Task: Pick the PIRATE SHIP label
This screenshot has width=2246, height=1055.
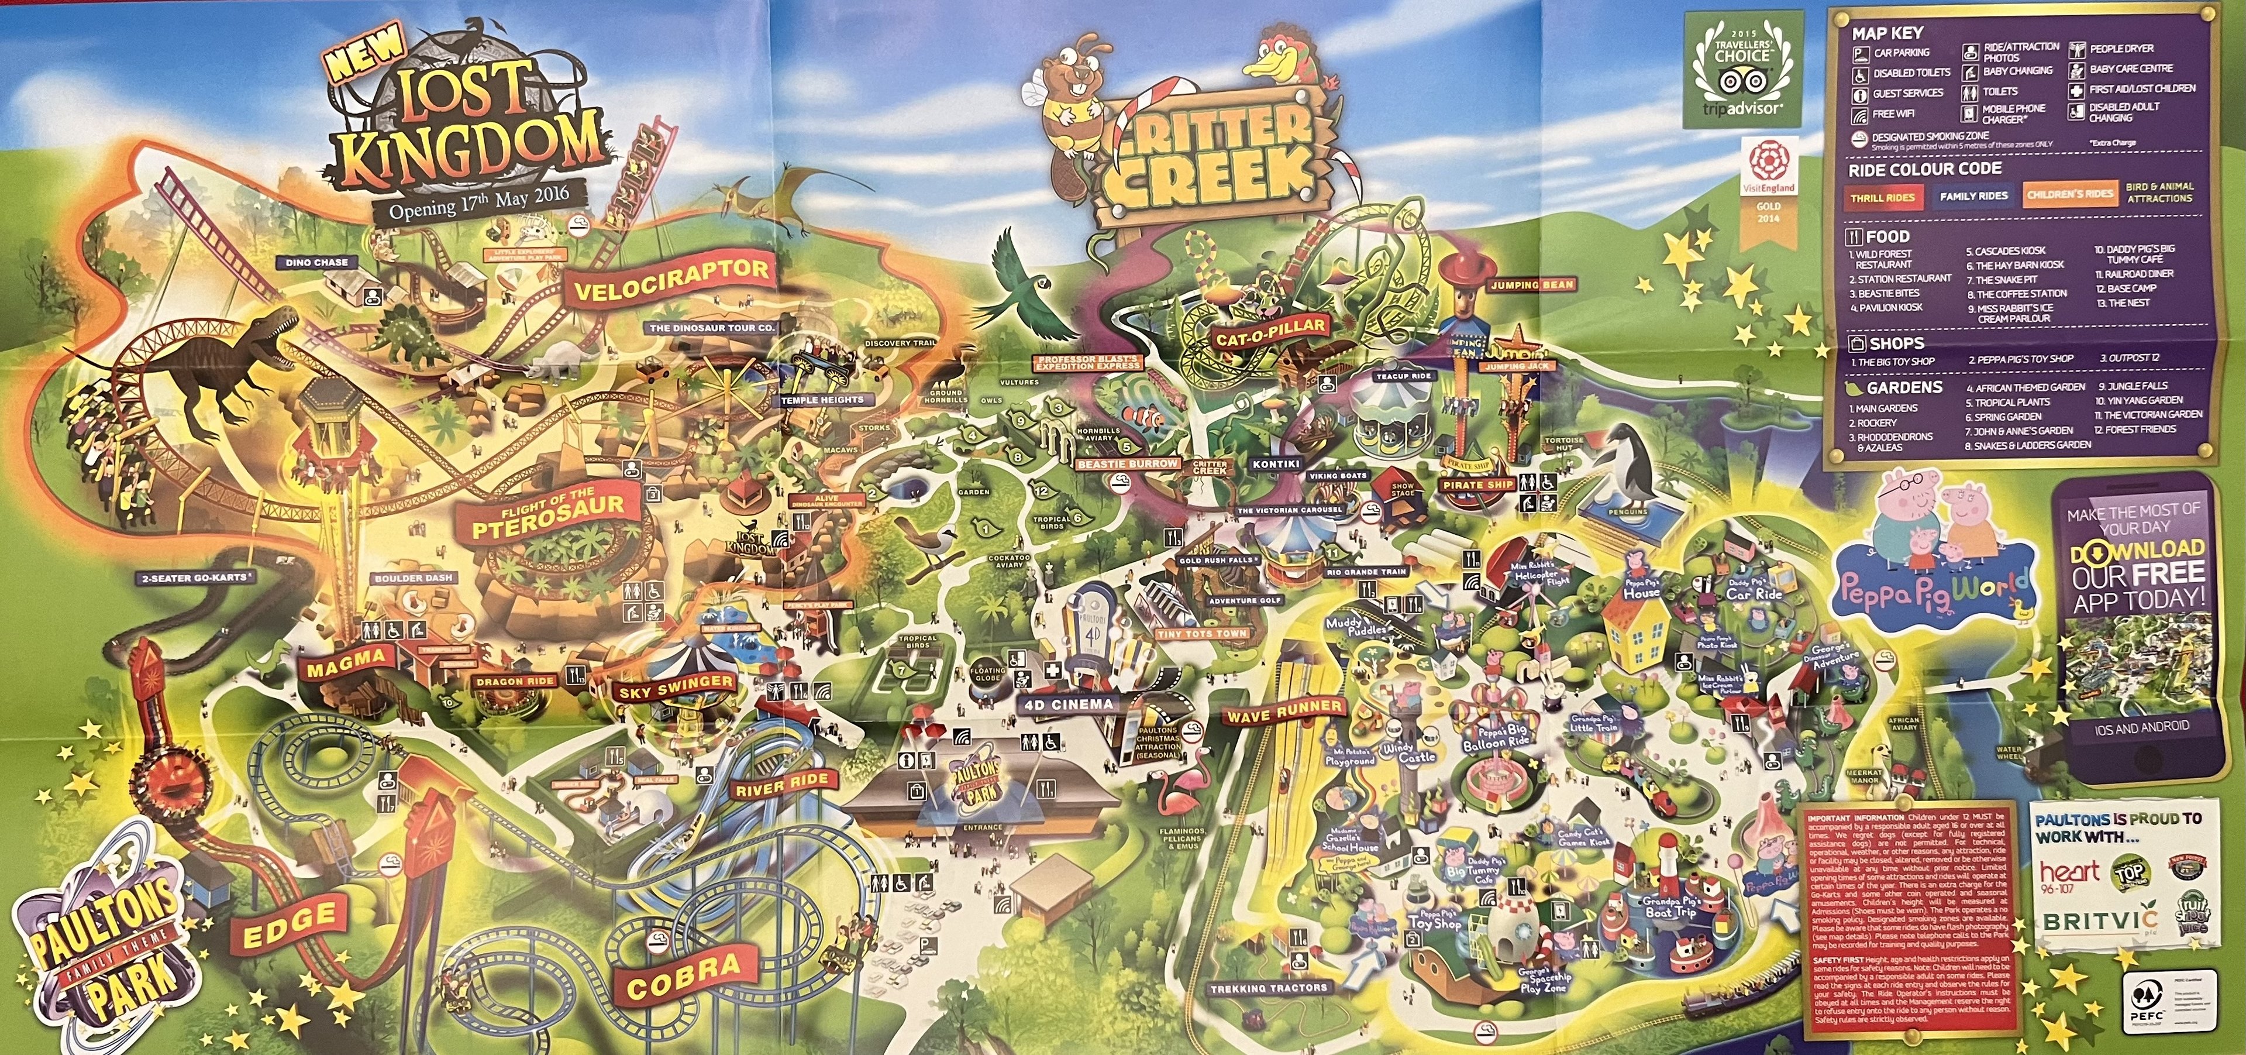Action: click(x=1477, y=484)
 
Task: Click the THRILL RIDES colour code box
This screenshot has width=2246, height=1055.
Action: click(x=1882, y=198)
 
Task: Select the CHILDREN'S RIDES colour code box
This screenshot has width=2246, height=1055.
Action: click(x=2069, y=194)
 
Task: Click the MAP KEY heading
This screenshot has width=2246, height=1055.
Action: click(x=1887, y=33)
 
